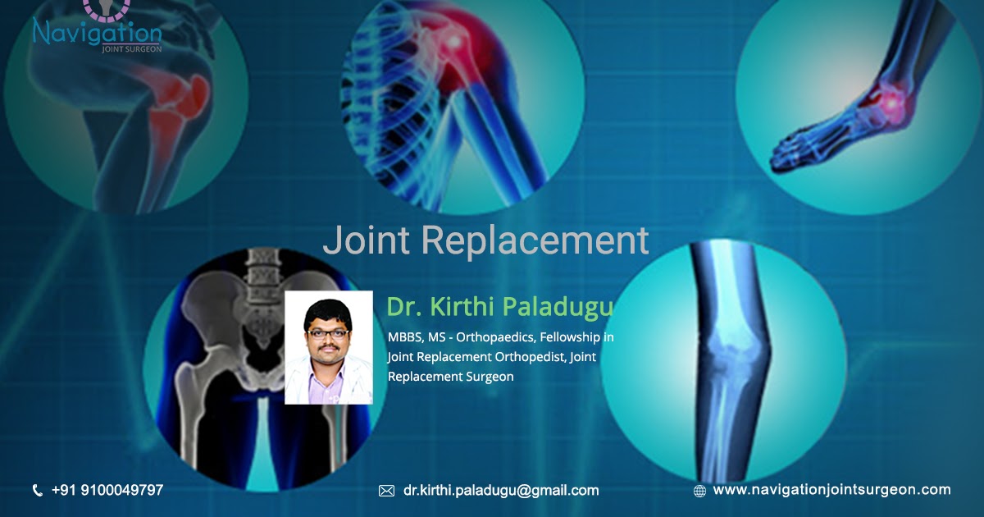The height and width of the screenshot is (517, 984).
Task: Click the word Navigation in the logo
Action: coord(97,32)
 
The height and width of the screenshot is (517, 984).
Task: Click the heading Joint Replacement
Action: coord(485,240)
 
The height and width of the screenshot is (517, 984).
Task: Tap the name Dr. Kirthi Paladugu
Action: coord(499,307)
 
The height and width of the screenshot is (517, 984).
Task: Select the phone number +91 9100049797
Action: coord(107,490)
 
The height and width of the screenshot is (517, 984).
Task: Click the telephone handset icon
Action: coord(38,491)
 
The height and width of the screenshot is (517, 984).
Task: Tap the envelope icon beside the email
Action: coord(386,491)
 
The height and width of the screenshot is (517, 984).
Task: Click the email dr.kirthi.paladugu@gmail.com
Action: coord(500,490)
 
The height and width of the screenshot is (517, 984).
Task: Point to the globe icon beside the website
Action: coord(699,491)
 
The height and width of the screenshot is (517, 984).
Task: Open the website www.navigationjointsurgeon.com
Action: coord(831,490)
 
